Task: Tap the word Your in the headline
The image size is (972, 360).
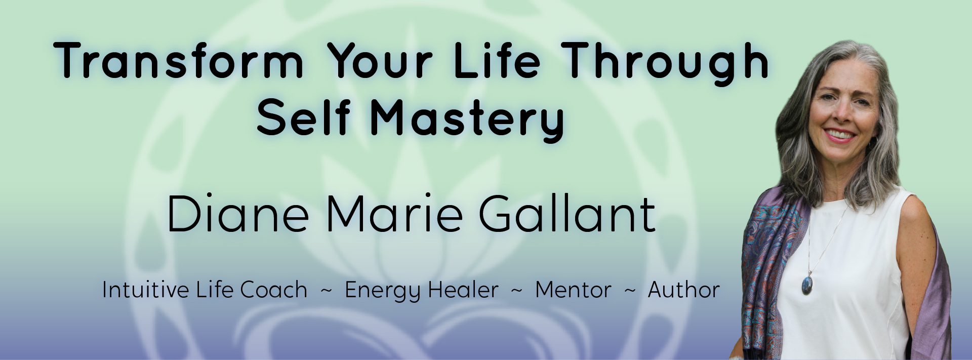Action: [x=380, y=61]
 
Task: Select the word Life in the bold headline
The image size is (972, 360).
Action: [x=497, y=61]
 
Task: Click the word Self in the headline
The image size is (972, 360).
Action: [x=303, y=117]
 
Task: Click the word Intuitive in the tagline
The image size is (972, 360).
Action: [x=146, y=290]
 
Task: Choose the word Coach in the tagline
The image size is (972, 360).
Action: [x=273, y=290]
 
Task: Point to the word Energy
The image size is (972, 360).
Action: [x=383, y=292]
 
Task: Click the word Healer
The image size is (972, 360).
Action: [x=463, y=290]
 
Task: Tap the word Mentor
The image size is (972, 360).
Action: [x=573, y=290]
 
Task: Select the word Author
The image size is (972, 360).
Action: [x=684, y=290]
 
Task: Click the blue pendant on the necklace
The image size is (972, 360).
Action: [x=806, y=284]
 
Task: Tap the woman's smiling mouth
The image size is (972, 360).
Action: [x=840, y=136]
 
